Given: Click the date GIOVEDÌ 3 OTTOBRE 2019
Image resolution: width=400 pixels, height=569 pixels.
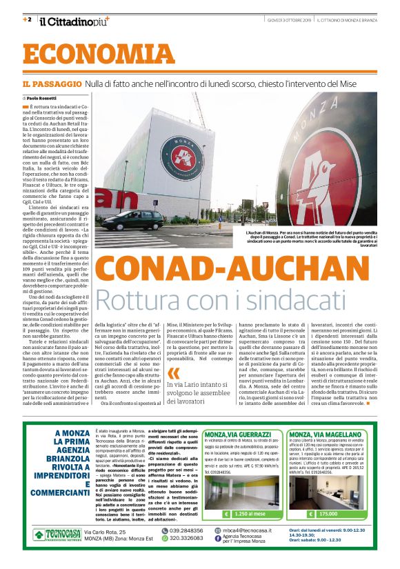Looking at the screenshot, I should tap(290, 20).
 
